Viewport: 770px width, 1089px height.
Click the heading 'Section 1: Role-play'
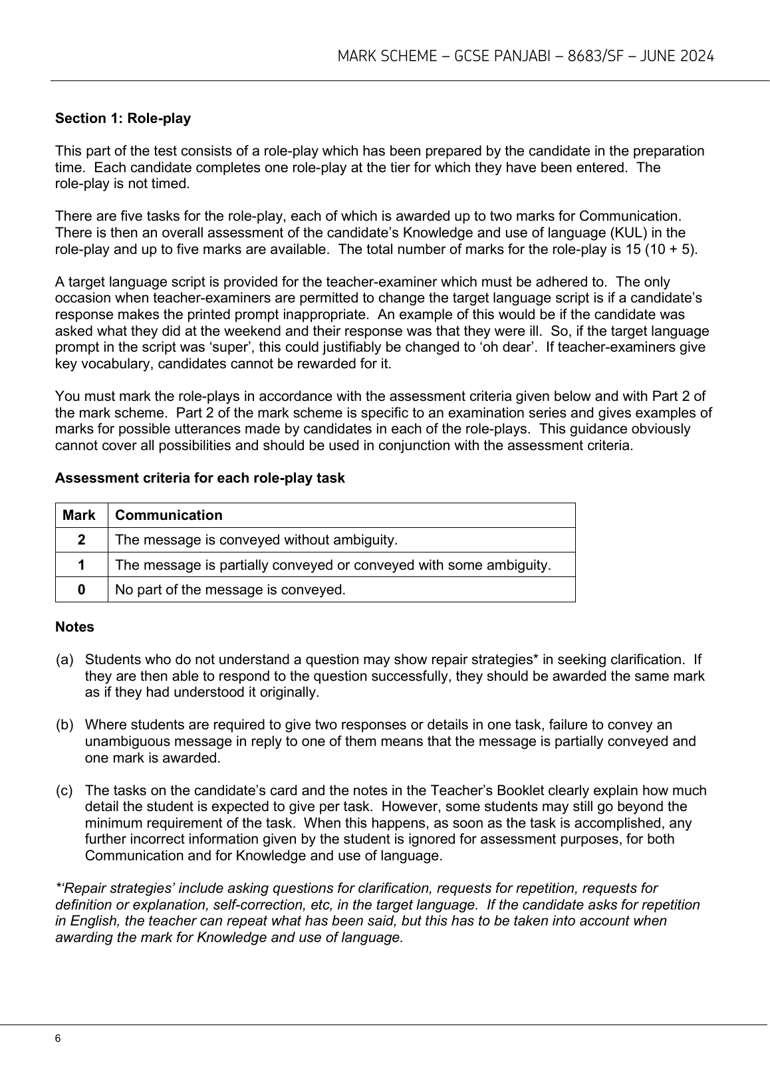[123, 118]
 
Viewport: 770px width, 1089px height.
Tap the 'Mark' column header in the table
[79, 515]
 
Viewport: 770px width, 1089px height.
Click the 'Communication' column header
[169, 515]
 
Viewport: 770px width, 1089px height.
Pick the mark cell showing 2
[81, 540]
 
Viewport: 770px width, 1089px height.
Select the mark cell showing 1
[81, 565]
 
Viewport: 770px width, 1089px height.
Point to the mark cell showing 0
[81, 590]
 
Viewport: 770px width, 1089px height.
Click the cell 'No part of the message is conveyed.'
[230, 590]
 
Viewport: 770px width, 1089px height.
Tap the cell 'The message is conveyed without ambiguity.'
[256, 540]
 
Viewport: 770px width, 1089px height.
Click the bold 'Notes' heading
[74, 627]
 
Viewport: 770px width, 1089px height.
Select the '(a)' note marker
[64, 660]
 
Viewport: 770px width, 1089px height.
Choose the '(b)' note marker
[64, 725]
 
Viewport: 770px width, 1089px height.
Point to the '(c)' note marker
[64, 790]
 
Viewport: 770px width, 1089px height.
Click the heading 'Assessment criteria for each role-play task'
[199, 478]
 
